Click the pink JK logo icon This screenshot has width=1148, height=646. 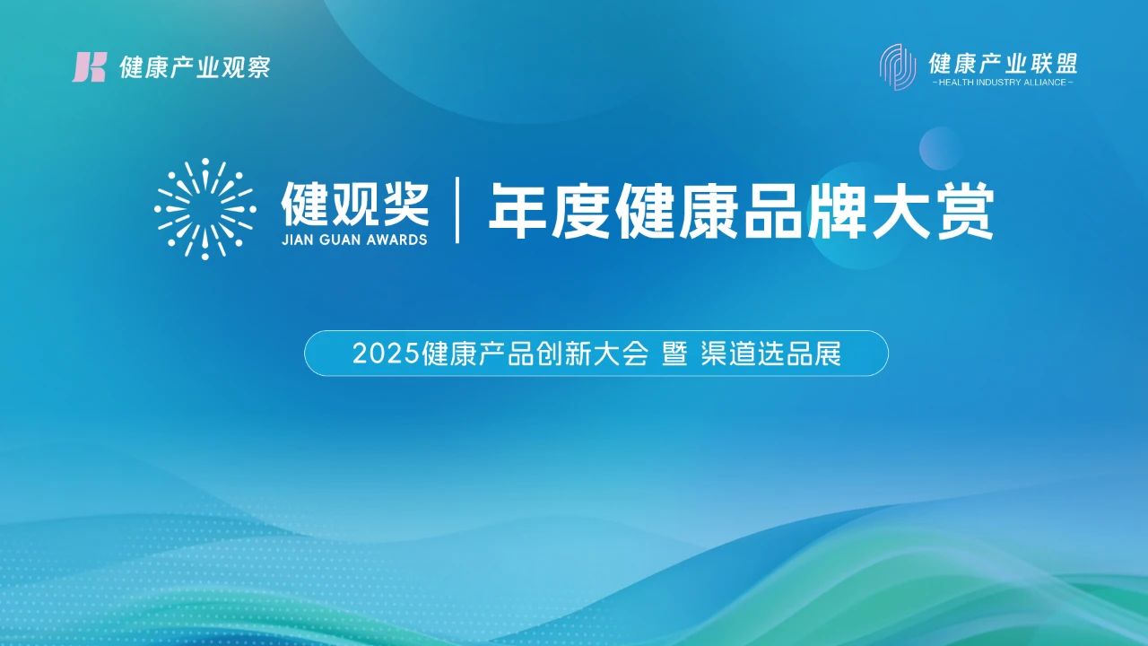pyautogui.click(x=89, y=66)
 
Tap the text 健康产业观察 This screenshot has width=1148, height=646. pyautogui.click(x=195, y=67)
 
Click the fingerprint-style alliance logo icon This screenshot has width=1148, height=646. pyautogui.click(x=898, y=67)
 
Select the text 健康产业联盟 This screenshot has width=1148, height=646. pyautogui.click(x=1003, y=63)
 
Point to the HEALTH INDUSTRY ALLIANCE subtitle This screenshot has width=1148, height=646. pyautogui.click(x=1003, y=83)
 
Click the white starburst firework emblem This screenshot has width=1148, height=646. pyautogui.click(x=205, y=209)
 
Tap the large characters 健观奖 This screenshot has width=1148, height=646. pyautogui.click(x=354, y=204)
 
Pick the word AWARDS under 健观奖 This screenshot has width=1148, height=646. pyautogui.click(x=395, y=240)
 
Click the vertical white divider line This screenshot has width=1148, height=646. pyautogui.click(x=457, y=210)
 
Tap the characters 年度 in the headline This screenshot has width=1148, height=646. pyautogui.click(x=551, y=210)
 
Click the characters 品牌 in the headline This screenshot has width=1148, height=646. pyautogui.click(x=804, y=210)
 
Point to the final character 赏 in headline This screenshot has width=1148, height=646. pyautogui.click(x=963, y=210)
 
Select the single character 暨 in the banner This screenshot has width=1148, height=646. pyautogui.click(x=674, y=354)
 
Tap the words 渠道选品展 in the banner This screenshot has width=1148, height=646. pyautogui.click(x=771, y=354)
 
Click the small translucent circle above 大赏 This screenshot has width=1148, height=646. pyautogui.click(x=941, y=148)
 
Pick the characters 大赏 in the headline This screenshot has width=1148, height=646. pyautogui.click(x=932, y=210)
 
